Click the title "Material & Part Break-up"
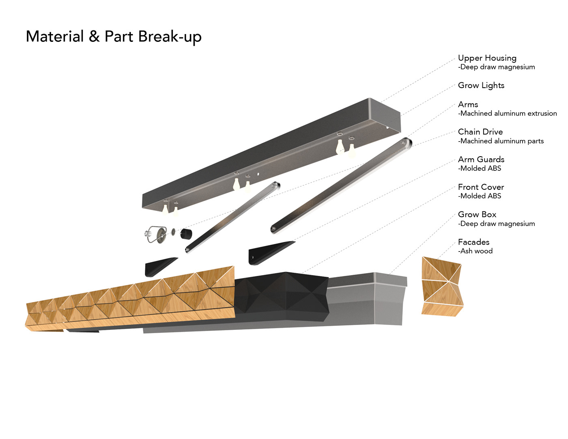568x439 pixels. pyautogui.click(x=114, y=37)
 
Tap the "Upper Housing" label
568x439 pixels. pyautogui.click(x=487, y=58)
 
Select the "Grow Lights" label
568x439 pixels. pyautogui.click(x=481, y=85)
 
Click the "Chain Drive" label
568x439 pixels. pyautogui.click(x=480, y=132)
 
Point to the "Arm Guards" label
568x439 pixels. pyautogui.click(x=481, y=159)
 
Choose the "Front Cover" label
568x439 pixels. pyautogui.click(x=481, y=187)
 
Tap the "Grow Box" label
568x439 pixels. pyautogui.click(x=477, y=214)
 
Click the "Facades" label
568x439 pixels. pyautogui.click(x=473, y=242)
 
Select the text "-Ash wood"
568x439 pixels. pyautogui.click(x=475, y=251)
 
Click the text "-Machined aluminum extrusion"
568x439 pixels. pyautogui.click(x=507, y=114)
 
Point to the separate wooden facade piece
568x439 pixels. pyautogui.click(x=441, y=286)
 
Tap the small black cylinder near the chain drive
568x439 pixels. pyautogui.click(x=186, y=235)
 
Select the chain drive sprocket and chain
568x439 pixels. pyautogui.click(x=156, y=234)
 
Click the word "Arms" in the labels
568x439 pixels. pyautogui.click(x=468, y=104)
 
